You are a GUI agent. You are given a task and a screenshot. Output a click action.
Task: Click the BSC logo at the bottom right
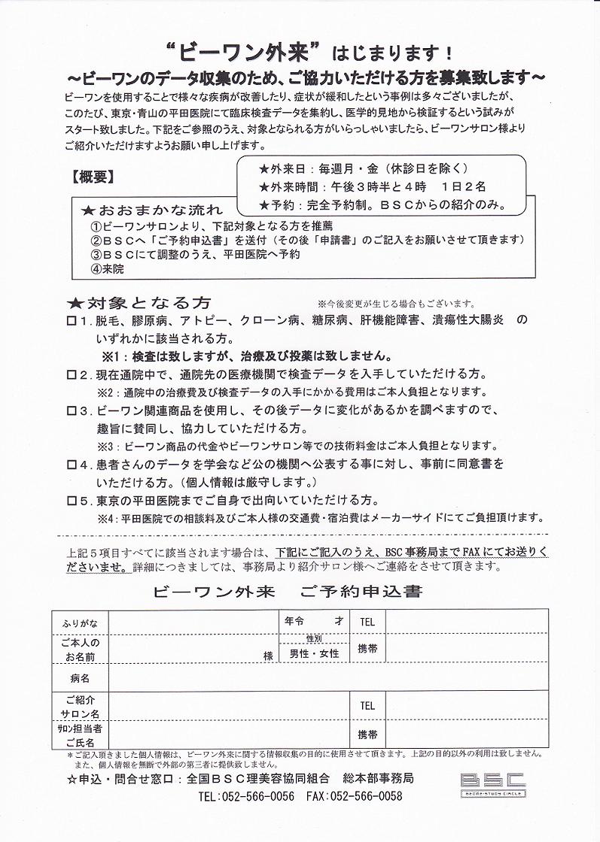tap(493, 782)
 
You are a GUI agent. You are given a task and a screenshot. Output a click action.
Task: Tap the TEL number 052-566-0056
tap(246, 797)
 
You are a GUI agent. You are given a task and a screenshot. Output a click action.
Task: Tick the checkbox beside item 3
tap(72, 410)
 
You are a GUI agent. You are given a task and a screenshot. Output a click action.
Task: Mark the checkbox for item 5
tap(72, 501)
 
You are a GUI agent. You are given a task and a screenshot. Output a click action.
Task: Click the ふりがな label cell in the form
tap(79, 622)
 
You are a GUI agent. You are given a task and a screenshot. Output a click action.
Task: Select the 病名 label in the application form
tap(79, 679)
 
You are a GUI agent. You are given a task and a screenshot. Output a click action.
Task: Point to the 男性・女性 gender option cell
tap(315, 653)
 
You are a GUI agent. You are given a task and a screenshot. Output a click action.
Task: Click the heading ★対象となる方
tap(139, 302)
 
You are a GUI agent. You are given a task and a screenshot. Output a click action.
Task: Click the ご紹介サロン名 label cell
tap(79, 707)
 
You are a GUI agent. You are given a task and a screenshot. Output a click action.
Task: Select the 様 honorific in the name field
tap(267, 656)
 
